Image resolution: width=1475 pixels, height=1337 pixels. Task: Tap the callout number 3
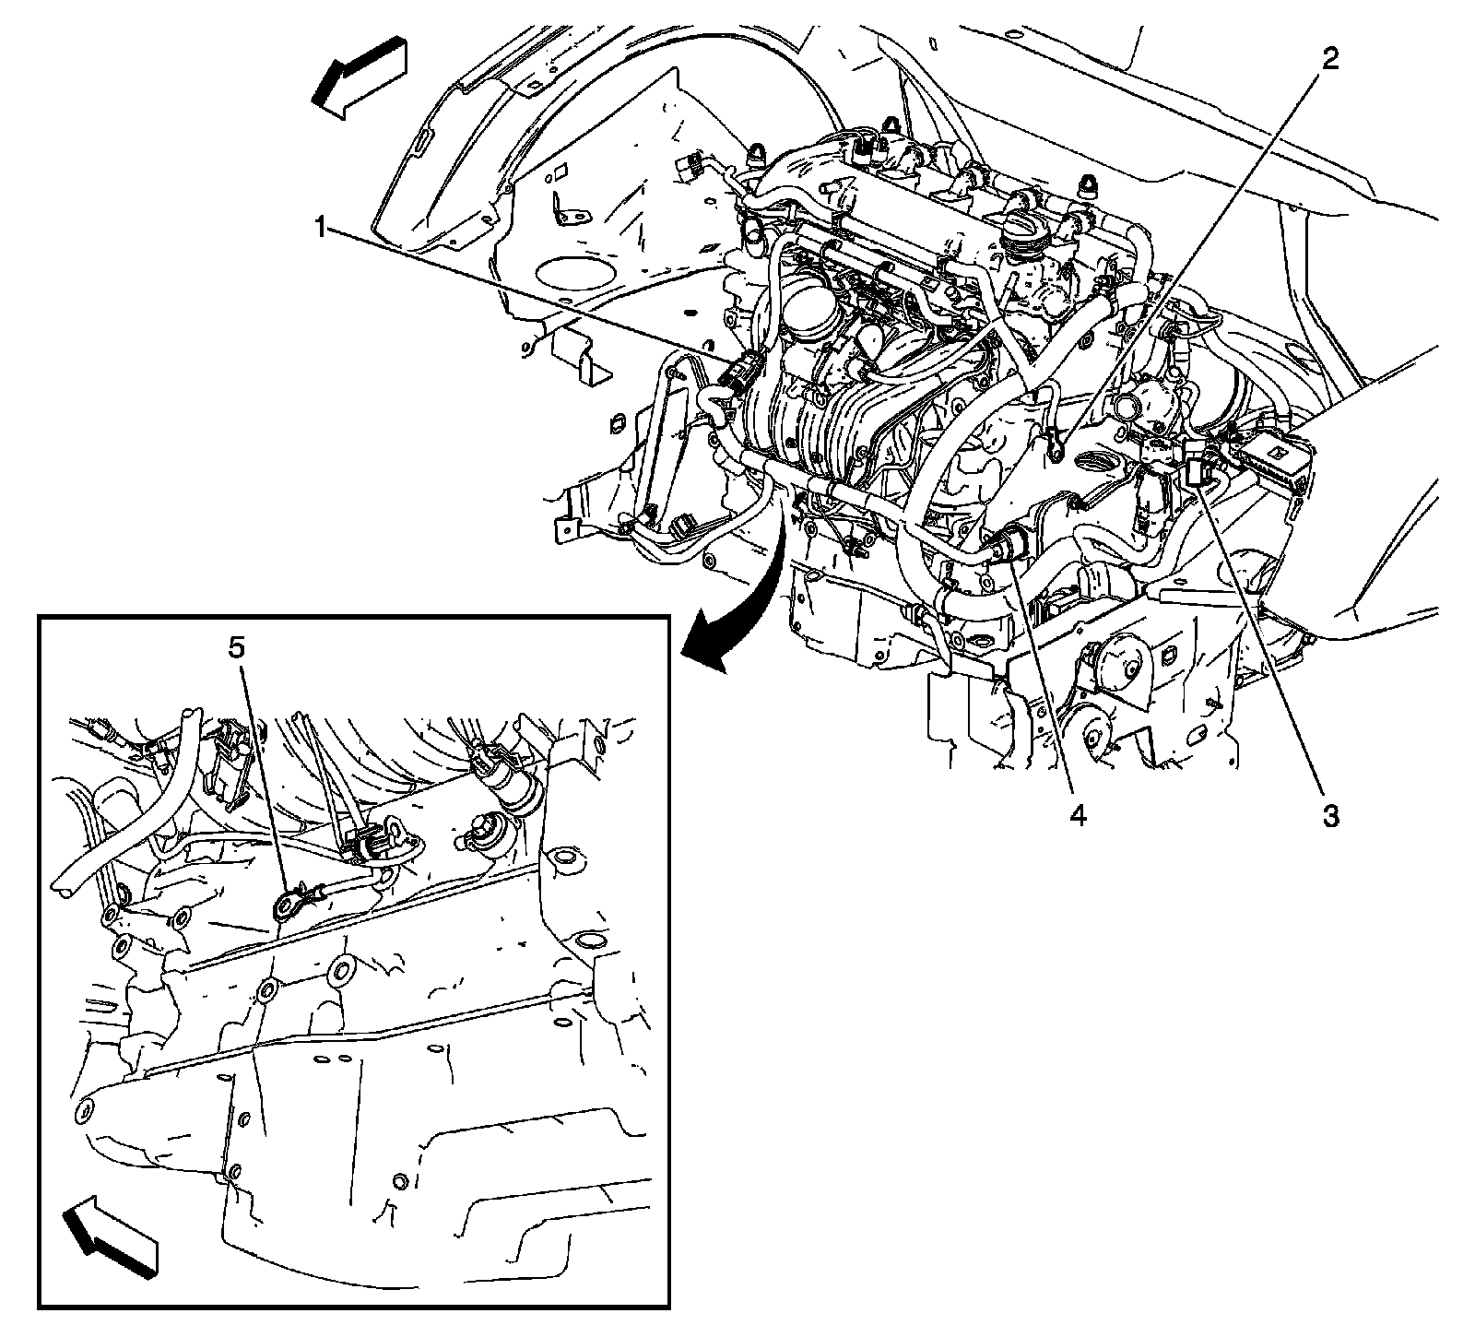click(1329, 815)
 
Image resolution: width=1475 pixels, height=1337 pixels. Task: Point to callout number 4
click(1078, 815)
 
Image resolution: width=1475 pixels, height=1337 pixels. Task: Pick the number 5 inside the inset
click(237, 648)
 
